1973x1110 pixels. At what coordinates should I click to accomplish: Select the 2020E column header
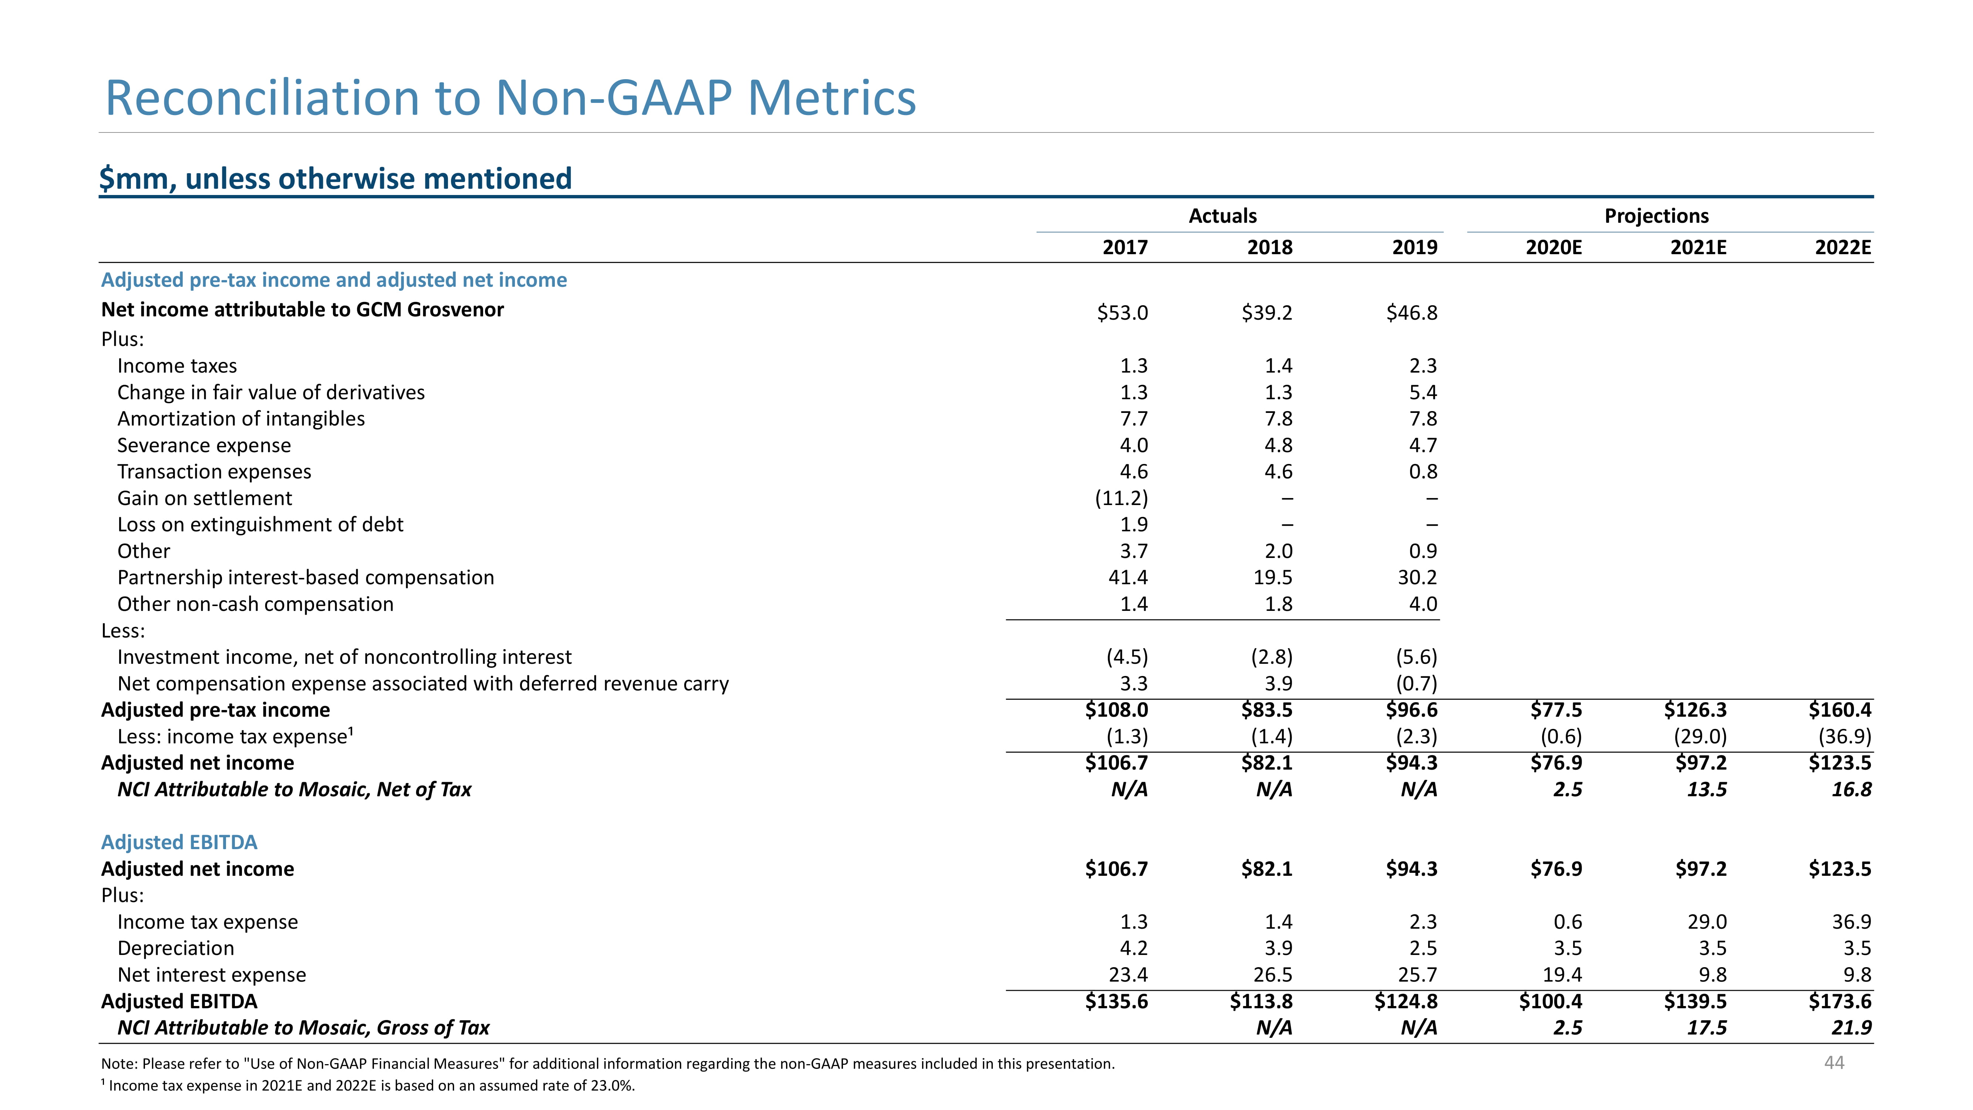[x=1553, y=248]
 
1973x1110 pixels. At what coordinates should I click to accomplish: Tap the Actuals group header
[x=1222, y=216]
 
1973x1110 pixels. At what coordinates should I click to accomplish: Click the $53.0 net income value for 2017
[x=1122, y=313]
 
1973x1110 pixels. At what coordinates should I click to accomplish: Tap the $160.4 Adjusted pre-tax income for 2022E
[x=1840, y=710]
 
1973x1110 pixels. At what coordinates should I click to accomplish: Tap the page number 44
[x=1834, y=1063]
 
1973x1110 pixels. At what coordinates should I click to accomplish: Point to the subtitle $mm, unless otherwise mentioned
[x=335, y=178]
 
